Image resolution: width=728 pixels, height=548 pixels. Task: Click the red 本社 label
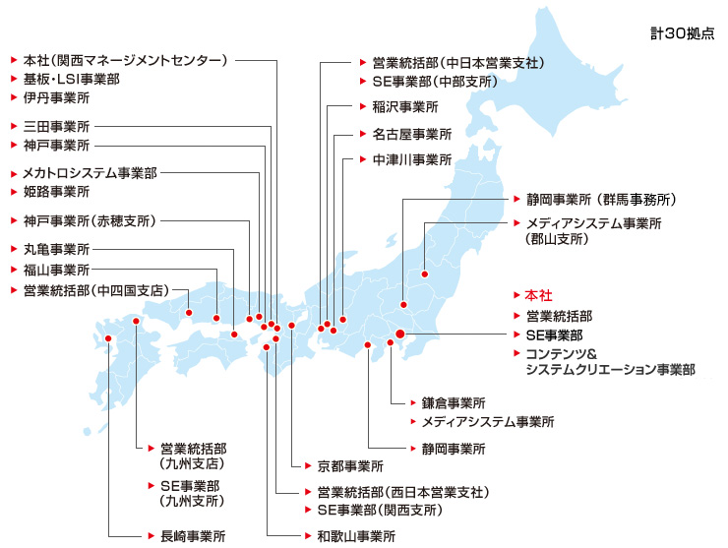point(540,295)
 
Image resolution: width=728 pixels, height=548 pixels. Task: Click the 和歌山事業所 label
point(355,536)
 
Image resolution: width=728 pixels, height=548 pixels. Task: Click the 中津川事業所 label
point(411,158)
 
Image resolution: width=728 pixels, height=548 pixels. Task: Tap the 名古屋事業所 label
point(411,134)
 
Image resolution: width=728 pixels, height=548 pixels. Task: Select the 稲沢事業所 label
point(404,106)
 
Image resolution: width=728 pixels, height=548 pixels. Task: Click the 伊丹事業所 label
point(56,97)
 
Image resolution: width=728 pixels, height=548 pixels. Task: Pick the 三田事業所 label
point(56,127)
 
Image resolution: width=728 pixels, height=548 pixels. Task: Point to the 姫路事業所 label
point(56,191)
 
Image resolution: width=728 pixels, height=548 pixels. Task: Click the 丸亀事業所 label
point(56,249)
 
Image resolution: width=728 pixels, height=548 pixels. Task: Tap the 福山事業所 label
point(56,269)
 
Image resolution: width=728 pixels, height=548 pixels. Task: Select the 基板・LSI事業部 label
point(72,79)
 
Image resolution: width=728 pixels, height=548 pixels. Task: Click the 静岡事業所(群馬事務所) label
point(600,199)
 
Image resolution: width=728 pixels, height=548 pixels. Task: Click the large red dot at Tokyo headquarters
point(399,335)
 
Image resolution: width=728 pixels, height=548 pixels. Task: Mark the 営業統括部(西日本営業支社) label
point(402,491)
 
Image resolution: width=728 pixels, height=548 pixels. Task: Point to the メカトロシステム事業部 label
point(90,172)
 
